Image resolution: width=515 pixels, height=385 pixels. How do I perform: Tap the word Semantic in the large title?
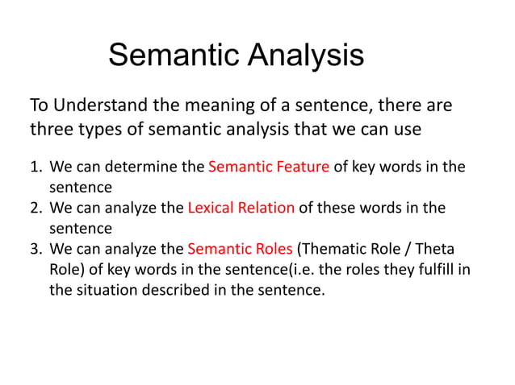pos(172,55)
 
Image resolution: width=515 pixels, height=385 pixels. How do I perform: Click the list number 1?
pos(35,168)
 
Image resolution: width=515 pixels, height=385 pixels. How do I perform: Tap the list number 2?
pos(35,208)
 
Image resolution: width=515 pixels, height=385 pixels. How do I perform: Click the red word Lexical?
pos(211,208)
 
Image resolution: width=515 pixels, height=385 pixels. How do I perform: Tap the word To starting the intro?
pos(39,106)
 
